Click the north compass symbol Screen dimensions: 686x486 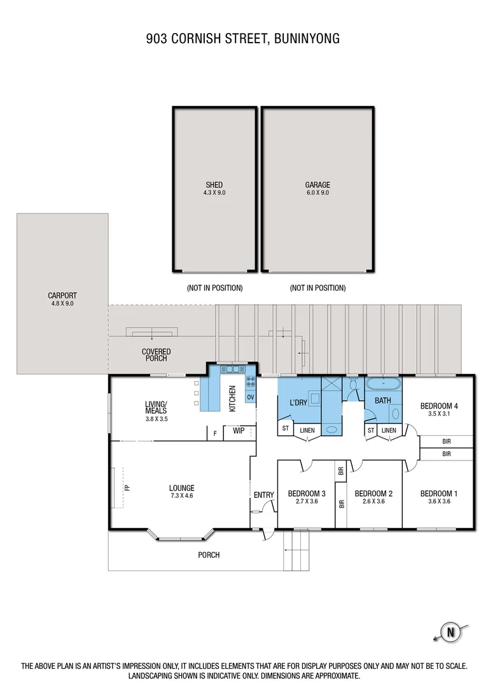[451, 632]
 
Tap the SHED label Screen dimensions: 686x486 [214, 185]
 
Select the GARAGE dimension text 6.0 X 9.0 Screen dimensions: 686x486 [317, 192]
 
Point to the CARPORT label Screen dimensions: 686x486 [62, 295]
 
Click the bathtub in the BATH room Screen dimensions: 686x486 [383, 384]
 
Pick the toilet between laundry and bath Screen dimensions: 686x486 [354, 386]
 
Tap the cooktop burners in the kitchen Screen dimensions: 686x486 [250, 382]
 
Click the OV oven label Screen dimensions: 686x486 [251, 398]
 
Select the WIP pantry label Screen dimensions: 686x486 [239, 431]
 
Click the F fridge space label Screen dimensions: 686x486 [215, 434]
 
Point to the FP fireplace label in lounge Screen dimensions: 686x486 [127, 488]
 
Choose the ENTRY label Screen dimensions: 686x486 [263, 495]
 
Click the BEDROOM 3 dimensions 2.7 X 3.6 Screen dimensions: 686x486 [306, 501]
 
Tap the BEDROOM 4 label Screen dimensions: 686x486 [439, 406]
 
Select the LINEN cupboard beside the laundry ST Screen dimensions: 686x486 [307, 431]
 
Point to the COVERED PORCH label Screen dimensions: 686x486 [156, 355]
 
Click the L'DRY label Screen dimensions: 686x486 [298, 402]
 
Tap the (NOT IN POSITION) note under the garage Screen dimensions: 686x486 [317, 288]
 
